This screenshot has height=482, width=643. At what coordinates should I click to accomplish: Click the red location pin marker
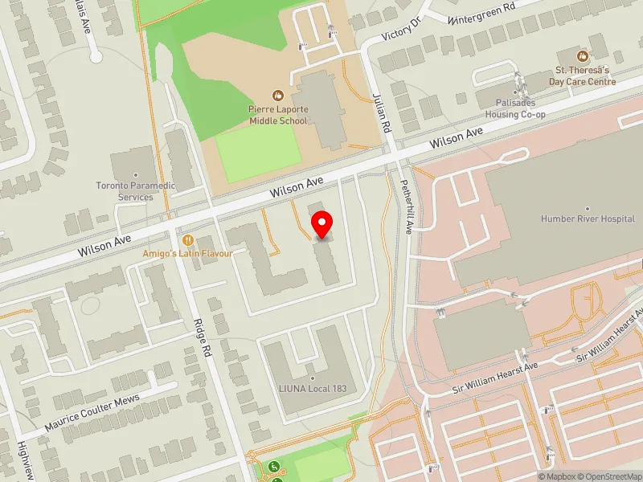point(322,225)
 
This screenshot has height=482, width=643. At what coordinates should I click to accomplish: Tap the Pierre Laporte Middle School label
point(277,115)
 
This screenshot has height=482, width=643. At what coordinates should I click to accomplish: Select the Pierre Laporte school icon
point(278,95)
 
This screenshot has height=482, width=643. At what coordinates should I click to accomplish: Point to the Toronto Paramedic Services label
point(136,190)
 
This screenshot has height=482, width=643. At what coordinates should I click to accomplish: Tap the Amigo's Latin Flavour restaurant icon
point(188,239)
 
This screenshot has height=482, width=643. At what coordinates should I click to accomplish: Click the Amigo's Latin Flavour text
point(187,253)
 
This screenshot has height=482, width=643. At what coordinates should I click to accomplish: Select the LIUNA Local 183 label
point(313,389)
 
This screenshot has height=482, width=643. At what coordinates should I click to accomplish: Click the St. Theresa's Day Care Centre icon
point(583,56)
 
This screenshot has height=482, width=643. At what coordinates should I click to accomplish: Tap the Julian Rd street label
point(380,112)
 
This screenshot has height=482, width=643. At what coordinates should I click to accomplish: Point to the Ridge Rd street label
point(201,337)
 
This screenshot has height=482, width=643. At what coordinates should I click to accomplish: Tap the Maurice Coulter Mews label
point(92,411)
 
